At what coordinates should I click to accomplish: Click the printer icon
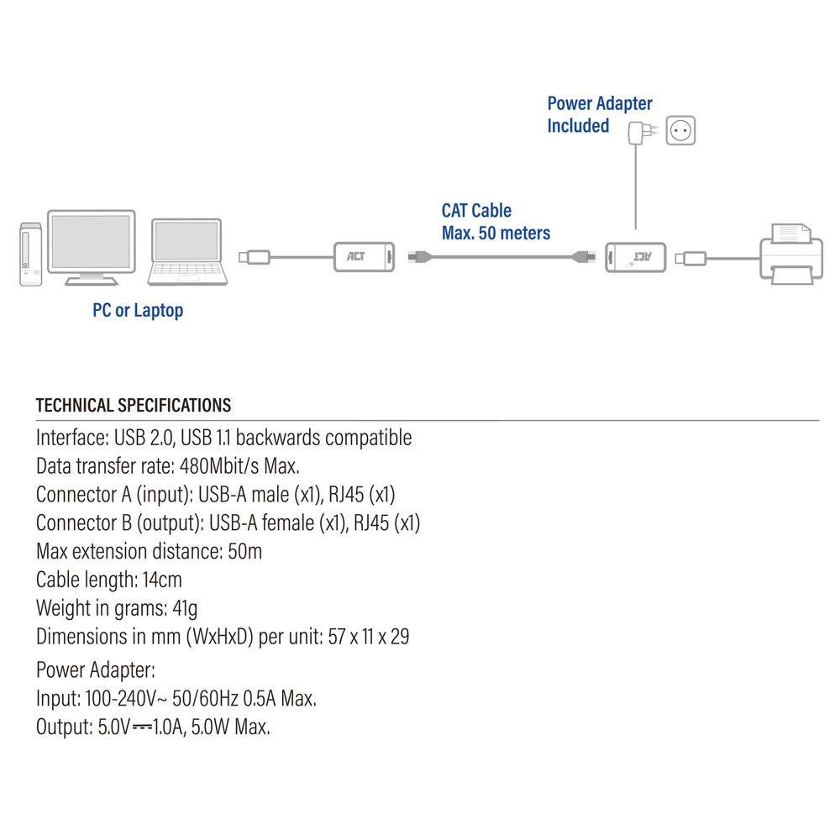[790, 253]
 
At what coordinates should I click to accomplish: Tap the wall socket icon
[681, 130]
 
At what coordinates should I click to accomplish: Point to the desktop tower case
[30, 255]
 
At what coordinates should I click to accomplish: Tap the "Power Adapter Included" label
[599, 115]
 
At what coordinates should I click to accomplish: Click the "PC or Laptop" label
[138, 311]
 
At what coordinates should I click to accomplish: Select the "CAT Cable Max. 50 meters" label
[496, 222]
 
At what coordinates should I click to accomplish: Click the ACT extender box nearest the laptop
[365, 255]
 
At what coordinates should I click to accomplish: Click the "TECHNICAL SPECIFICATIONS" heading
[134, 406]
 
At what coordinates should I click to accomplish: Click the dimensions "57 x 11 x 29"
[369, 637]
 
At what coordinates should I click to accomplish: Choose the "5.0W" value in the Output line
[207, 727]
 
